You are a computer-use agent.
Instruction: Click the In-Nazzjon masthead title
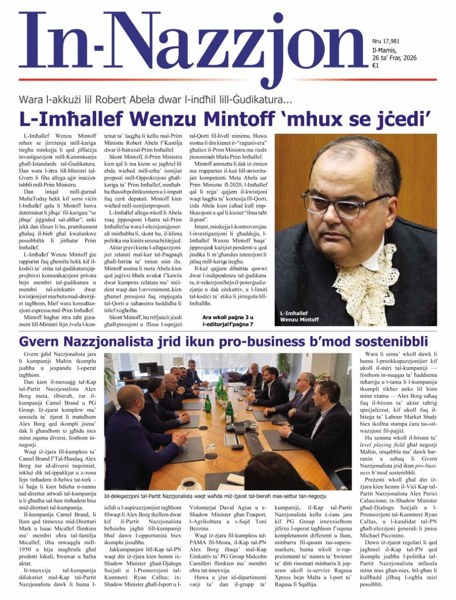point(193,46)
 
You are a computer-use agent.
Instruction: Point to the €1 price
point(375,65)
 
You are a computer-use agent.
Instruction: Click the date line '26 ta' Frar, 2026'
point(394,58)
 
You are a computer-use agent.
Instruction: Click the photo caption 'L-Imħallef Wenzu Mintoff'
point(299,316)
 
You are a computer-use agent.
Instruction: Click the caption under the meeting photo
point(215,496)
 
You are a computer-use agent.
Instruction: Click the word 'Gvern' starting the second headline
point(35,341)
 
